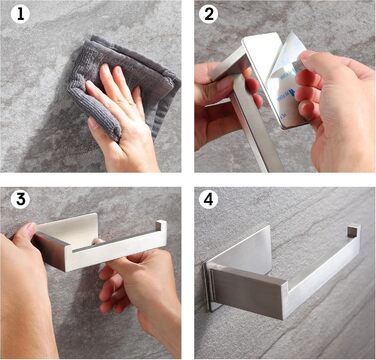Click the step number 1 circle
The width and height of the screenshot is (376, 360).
click(x=20, y=15)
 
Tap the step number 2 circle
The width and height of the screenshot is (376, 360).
click(x=209, y=15)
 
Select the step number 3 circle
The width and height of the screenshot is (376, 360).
click(x=20, y=199)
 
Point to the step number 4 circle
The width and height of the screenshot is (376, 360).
click(x=208, y=199)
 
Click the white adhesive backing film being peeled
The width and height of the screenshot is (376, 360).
click(x=283, y=77)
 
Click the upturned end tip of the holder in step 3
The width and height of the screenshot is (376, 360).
click(x=161, y=226)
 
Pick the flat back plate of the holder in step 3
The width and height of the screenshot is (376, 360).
click(x=67, y=230)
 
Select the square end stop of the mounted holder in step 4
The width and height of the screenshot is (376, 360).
click(x=354, y=231)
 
